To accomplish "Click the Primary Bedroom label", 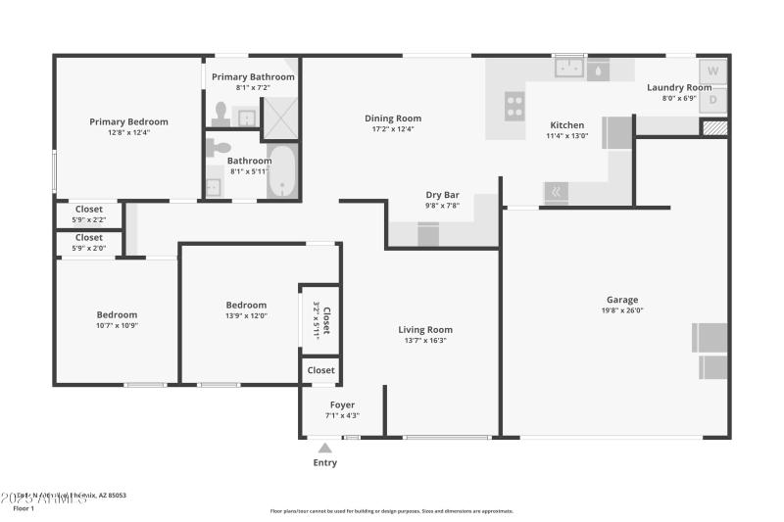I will (x=128, y=121).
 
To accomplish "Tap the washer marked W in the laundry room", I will (x=713, y=71).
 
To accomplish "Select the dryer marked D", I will (x=713, y=99).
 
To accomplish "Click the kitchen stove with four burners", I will (x=514, y=106).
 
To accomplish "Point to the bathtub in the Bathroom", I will (x=282, y=172).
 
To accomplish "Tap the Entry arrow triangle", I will (x=324, y=448).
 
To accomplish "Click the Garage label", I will (x=622, y=300).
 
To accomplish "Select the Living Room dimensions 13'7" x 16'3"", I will (x=425, y=341).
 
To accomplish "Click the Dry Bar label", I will (x=442, y=195).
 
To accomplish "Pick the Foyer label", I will (x=342, y=404).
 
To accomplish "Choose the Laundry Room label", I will (x=679, y=87).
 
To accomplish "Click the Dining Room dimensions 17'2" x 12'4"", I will (x=393, y=129).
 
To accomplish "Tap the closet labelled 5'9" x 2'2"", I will (x=89, y=214).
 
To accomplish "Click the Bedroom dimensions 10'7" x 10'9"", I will (x=117, y=325).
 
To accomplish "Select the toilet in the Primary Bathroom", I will (x=220, y=117).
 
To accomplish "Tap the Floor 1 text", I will (x=23, y=508).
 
